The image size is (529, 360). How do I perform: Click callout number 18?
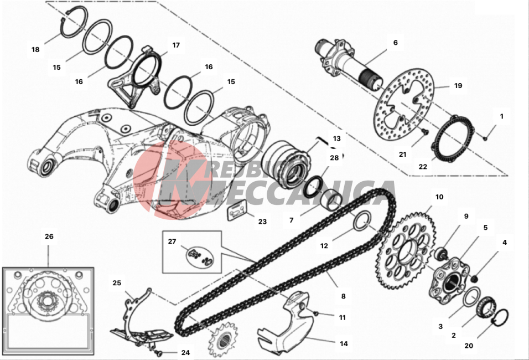tap(36, 49)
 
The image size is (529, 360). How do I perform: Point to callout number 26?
tap(49, 236)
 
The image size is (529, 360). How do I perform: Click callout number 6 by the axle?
tap(395, 42)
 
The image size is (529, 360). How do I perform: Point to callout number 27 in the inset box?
tap(172, 241)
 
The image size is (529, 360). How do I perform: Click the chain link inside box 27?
tap(199, 256)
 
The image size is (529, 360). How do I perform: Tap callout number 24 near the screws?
tap(185, 352)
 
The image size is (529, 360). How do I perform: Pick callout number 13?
tap(337, 138)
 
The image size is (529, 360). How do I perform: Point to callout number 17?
tap(176, 45)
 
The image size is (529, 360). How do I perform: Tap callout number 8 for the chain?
tap(343, 296)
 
